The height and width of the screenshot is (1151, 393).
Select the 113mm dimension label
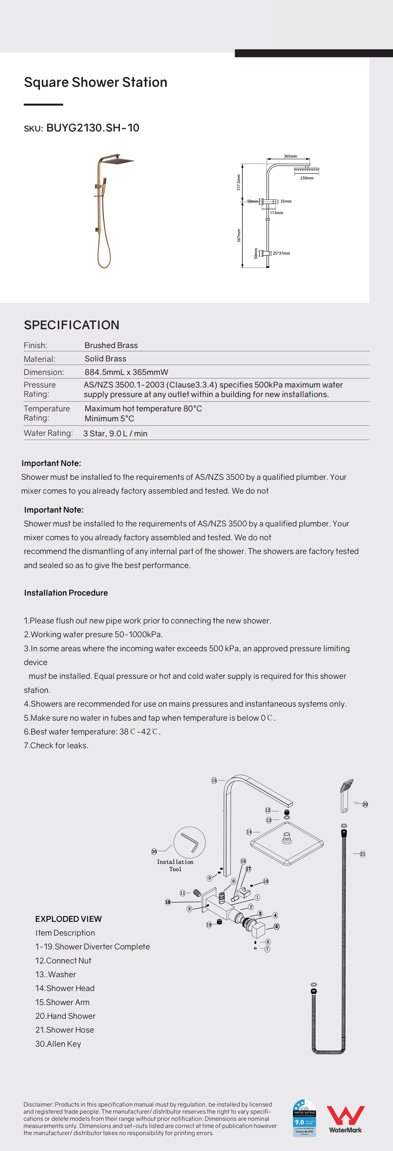tap(277, 213)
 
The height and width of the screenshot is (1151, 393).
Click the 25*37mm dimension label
tap(281, 253)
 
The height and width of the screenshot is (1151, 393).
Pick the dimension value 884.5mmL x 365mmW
tap(126, 372)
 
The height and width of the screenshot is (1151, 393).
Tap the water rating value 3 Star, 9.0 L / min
tap(115, 433)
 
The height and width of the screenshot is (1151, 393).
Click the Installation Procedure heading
tap(66, 593)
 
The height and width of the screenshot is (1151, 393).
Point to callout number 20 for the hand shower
tap(365, 804)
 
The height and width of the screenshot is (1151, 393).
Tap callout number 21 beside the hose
tap(363, 854)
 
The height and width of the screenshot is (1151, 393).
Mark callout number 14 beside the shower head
tap(249, 832)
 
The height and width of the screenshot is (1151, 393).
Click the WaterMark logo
tap(345, 1120)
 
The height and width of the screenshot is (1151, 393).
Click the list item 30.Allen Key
tap(58, 1044)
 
